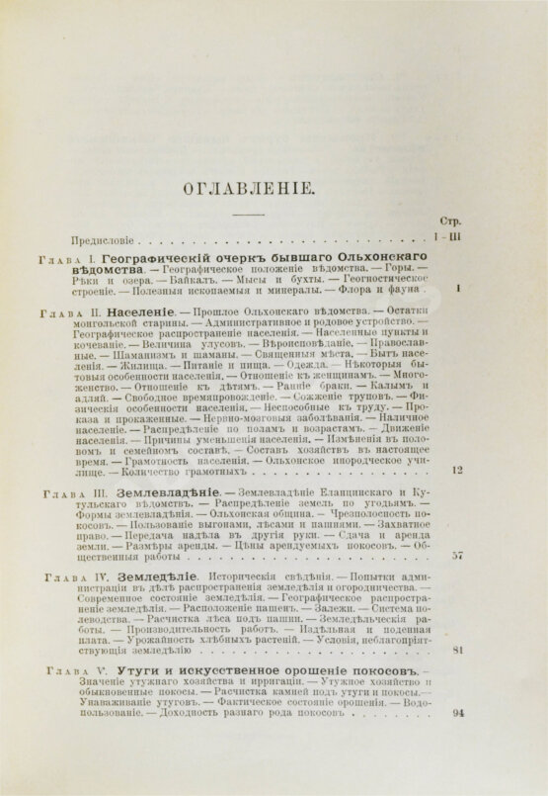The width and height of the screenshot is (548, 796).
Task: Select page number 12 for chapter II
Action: tap(456, 443)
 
